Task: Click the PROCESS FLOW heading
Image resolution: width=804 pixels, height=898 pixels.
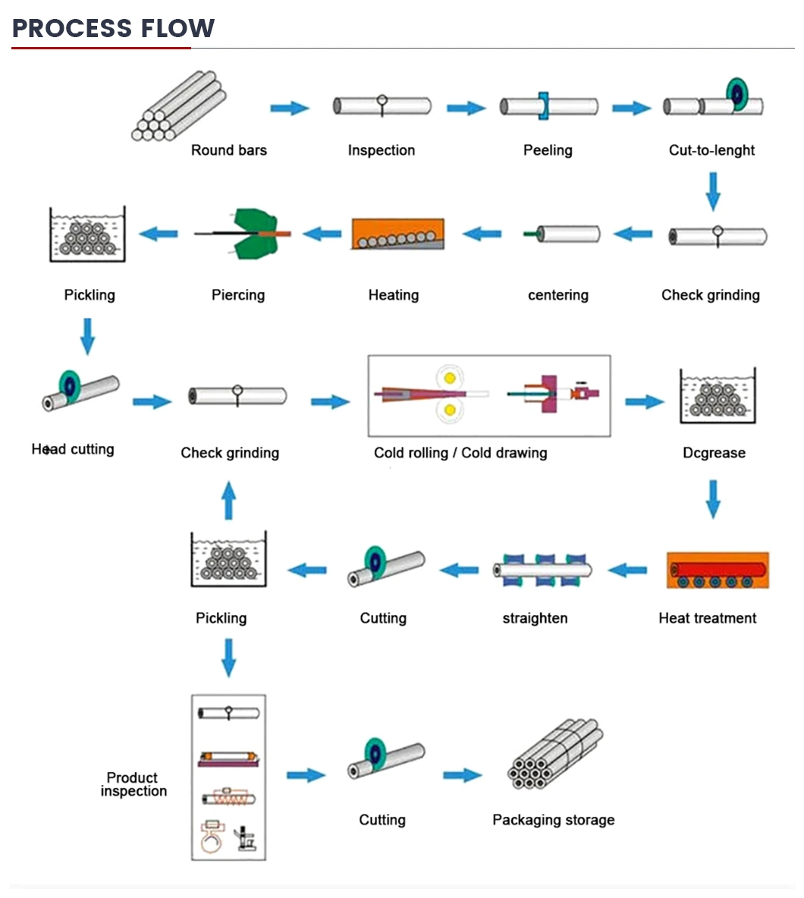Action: [x=114, y=28]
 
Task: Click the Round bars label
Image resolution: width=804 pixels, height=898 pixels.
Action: [x=228, y=150]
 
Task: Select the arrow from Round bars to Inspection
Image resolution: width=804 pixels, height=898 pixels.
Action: [x=290, y=108]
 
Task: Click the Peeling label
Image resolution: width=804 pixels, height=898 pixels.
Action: [x=548, y=150]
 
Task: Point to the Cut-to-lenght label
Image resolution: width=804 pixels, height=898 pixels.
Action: [x=711, y=150]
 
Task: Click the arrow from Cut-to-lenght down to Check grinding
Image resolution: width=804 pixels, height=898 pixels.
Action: [x=712, y=191]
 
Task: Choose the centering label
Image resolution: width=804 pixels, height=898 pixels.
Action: [x=557, y=295]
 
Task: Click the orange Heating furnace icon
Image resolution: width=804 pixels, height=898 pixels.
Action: [x=397, y=234]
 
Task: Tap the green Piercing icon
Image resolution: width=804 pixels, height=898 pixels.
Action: [x=243, y=234]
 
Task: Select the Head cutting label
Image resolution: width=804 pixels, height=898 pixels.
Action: [x=73, y=449]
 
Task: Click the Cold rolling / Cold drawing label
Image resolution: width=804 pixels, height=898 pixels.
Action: [x=460, y=453]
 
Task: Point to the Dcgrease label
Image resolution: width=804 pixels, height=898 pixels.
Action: [x=714, y=453]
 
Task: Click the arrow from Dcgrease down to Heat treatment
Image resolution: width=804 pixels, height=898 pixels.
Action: [x=712, y=498]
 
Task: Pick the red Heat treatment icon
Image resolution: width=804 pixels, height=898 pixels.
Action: [x=718, y=570]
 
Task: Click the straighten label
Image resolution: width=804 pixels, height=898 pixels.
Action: [x=535, y=618]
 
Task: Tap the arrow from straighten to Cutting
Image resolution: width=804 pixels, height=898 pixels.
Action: [x=460, y=568]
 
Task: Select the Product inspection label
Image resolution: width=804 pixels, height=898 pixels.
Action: [x=133, y=784]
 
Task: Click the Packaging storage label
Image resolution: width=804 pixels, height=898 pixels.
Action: [x=553, y=820]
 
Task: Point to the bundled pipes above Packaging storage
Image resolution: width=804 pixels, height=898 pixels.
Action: [x=554, y=755]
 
